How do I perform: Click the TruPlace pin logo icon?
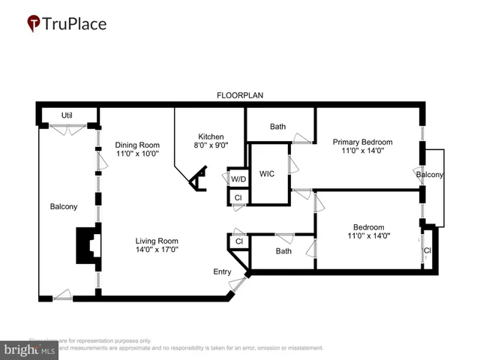34,23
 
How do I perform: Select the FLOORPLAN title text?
239,96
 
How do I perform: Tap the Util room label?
67,115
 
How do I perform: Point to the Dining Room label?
137,145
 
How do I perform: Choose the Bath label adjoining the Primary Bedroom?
278,127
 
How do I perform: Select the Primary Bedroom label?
363,142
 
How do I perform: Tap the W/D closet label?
238,179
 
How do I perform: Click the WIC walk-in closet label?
267,174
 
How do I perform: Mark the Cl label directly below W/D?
238,197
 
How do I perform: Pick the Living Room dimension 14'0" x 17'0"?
157,250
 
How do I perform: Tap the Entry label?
223,271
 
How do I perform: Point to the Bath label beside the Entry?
283,251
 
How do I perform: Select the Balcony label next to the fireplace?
64,207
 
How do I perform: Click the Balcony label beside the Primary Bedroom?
430,175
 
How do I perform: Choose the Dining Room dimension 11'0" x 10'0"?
137,154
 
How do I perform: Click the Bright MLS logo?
30,349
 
